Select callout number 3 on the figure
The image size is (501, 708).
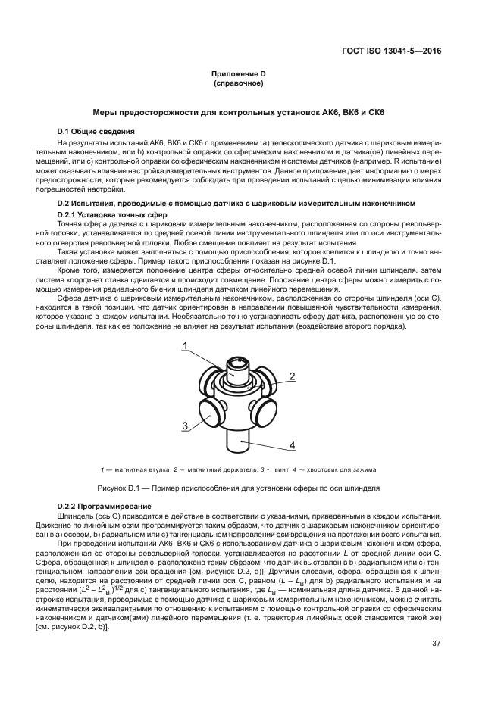point(184,426)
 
